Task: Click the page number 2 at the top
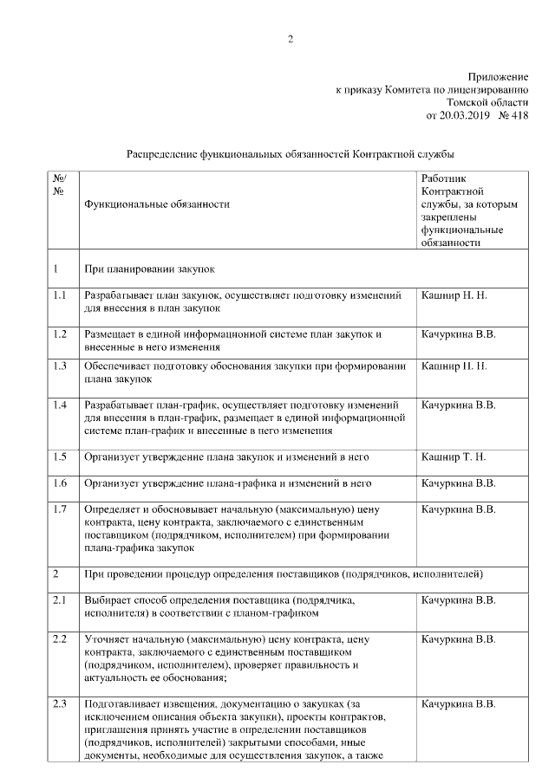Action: click(x=291, y=39)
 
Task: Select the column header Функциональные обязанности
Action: click(x=157, y=204)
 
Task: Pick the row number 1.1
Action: click(x=60, y=295)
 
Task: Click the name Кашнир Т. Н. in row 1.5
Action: click(x=454, y=456)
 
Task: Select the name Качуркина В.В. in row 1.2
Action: click(x=458, y=334)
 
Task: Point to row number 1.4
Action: click(x=60, y=405)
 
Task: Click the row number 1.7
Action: click(x=60, y=509)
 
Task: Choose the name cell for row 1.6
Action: click(x=458, y=483)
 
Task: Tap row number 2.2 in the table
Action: click(x=60, y=639)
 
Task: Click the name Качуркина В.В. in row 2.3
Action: click(x=458, y=703)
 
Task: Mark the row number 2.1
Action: click(x=60, y=599)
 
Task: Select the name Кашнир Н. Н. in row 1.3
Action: click(x=454, y=366)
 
